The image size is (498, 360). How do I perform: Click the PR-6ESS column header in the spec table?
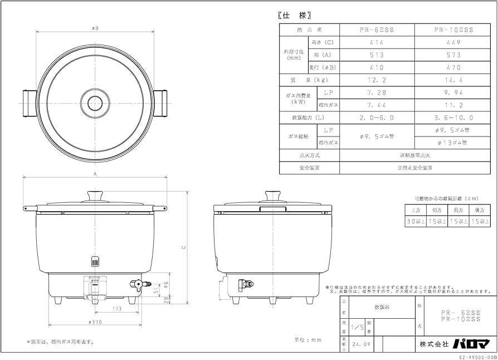pos(377,30)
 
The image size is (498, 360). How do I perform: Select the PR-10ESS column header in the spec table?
pos(452,30)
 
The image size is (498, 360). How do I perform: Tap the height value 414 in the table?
pos(377,42)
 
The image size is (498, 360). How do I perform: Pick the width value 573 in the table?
pos(452,55)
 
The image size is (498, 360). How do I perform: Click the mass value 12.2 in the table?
pos(377,80)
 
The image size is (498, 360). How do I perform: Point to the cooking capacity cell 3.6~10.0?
pos(452,118)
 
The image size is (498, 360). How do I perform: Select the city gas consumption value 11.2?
pos(452,105)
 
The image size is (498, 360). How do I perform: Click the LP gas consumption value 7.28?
pos(377,93)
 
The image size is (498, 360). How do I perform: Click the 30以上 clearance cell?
pos(414,221)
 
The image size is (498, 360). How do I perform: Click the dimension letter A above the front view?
pos(95,174)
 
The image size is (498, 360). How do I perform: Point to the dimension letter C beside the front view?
pos(183,248)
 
